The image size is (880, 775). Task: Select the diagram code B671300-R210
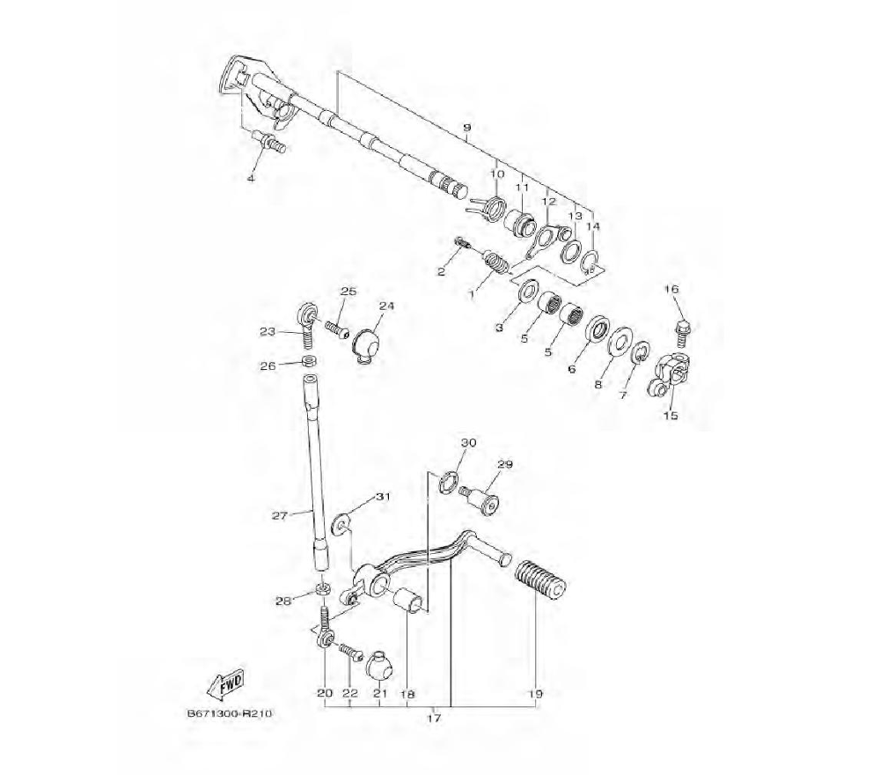(230, 713)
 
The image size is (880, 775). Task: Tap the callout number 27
(280, 515)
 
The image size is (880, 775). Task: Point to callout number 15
(671, 416)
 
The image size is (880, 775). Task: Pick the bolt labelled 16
(683, 334)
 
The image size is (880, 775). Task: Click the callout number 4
(251, 178)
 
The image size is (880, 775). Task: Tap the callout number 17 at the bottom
(435, 719)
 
